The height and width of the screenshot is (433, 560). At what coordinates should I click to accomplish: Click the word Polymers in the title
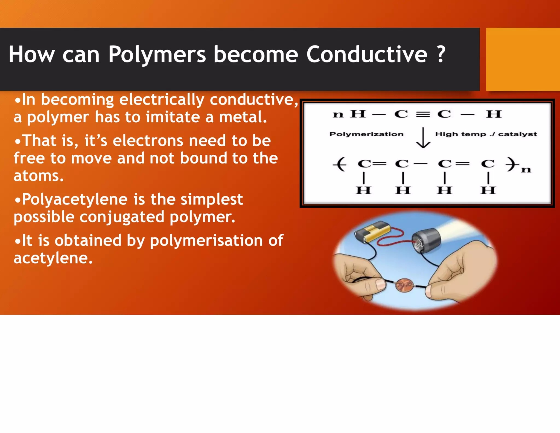157,54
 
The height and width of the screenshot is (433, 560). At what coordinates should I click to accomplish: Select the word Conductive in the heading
366,54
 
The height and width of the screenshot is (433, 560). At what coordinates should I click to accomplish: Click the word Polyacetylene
74,200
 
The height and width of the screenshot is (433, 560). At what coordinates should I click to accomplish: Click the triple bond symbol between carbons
423,114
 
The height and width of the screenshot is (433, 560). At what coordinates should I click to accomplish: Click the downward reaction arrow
423,138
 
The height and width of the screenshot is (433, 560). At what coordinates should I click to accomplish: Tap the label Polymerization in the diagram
366,134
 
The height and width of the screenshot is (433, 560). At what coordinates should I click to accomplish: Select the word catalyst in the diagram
517,134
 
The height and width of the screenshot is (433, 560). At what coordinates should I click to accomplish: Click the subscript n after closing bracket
526,170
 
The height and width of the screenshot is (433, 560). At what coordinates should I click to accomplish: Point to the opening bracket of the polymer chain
340,164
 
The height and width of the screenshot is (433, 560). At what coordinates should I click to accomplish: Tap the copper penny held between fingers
405,285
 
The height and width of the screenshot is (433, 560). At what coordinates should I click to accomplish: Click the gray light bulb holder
426,241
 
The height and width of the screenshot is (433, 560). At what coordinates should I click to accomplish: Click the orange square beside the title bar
523,59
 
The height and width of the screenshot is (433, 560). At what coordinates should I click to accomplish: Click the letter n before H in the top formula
338,114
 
